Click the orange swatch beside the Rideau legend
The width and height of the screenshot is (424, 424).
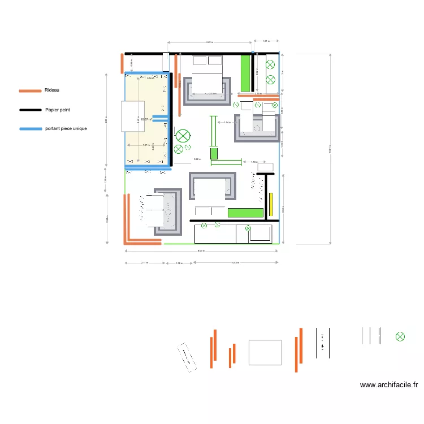(x=31, y=90)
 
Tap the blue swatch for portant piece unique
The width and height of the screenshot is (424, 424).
(x=31, y=129)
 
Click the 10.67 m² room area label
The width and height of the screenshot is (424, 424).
(x=148, y=119)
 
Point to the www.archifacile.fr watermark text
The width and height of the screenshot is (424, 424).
(x=389, y=385)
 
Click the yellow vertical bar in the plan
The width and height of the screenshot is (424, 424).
(x=271, y=204)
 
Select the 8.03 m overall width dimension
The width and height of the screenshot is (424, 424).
(x=201, y=250)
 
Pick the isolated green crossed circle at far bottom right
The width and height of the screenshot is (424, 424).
(x=400, y=337)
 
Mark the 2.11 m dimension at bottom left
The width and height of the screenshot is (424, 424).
(x=144, y=263)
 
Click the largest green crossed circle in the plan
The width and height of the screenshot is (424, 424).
(x=183, y=136)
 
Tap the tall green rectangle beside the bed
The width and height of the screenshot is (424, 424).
(x=246, y=72)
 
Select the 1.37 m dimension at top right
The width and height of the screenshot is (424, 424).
(x=266, y=41)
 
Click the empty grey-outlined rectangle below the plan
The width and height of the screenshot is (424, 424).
(x=265, y=353)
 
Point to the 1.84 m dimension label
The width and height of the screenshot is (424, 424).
(x=227, y=123)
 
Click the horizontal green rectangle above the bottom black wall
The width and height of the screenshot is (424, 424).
(x=246, y=213)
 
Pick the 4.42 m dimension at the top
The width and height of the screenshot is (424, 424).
(x=209, y=42)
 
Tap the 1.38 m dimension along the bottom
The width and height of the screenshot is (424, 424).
(x=179, y=263)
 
